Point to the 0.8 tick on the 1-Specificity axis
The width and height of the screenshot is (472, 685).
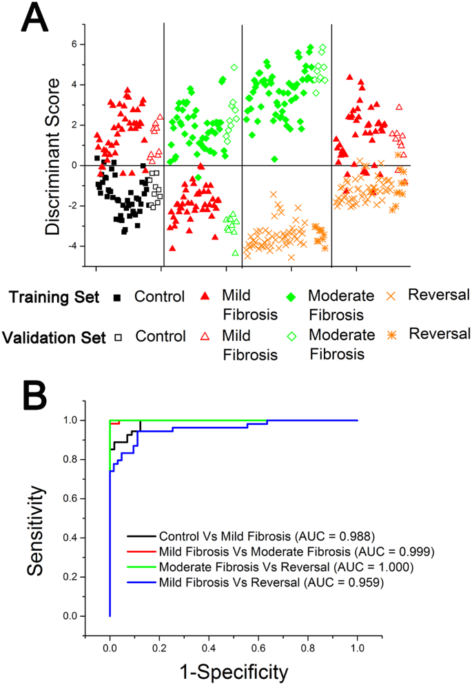click(307, 640)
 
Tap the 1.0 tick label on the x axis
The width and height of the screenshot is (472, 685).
click(357, 640)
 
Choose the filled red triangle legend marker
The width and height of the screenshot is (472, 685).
click(205, 297)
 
